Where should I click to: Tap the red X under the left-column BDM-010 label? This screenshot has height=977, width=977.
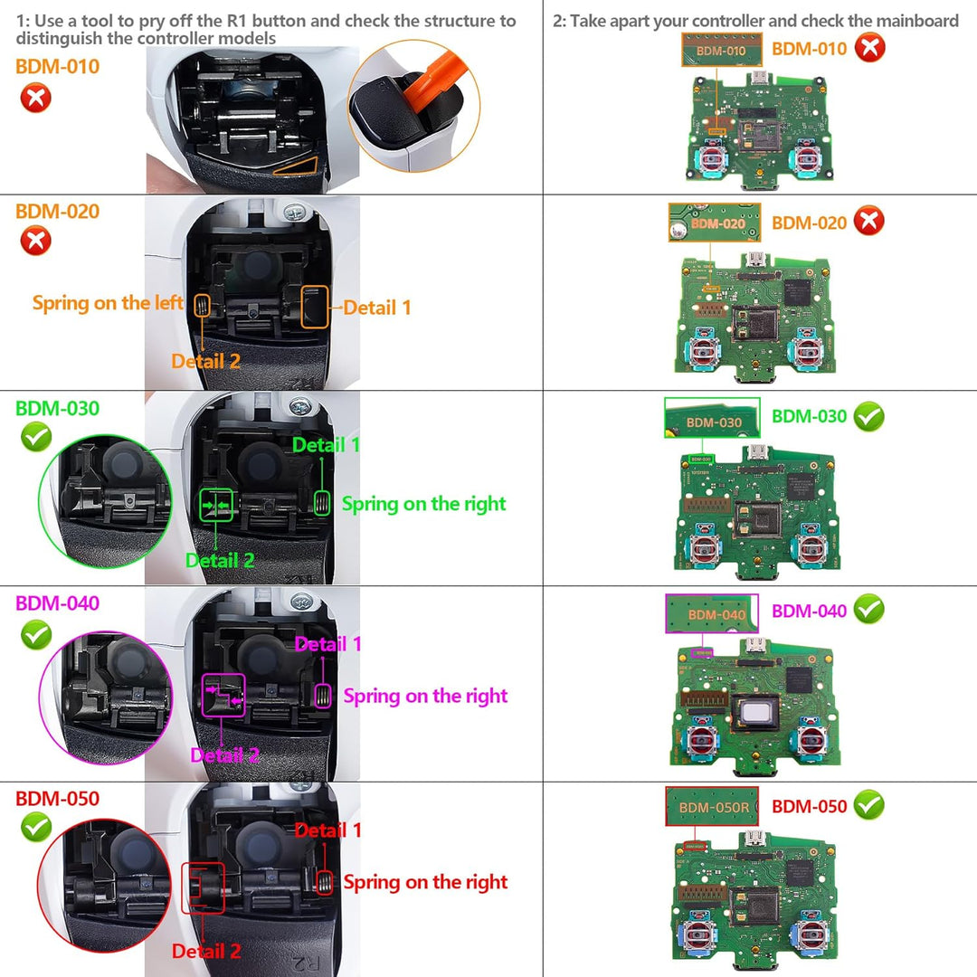pos(36,97)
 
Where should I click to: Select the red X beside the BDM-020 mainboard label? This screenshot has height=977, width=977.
pos(868,222)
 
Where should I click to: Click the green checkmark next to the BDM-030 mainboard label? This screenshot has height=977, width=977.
pos(868,417)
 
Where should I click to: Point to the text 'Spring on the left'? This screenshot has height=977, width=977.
pos(107,303)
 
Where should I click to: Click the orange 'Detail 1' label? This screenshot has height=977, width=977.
pos(377,308)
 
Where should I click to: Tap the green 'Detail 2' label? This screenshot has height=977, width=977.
pos(220,560)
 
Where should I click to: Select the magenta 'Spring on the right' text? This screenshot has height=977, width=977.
pos(425,696)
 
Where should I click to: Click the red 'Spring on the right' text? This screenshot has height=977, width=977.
pos(425,882)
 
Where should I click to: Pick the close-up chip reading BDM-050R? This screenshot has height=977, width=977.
pos(714,806)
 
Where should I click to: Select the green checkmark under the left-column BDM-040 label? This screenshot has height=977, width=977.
pos(36,634)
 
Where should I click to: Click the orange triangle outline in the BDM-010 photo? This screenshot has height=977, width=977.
pos(295,165)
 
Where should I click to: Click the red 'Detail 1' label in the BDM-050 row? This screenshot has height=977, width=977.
pos(327,830)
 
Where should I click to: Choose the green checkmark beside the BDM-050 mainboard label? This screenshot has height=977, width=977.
pos(868,804)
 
